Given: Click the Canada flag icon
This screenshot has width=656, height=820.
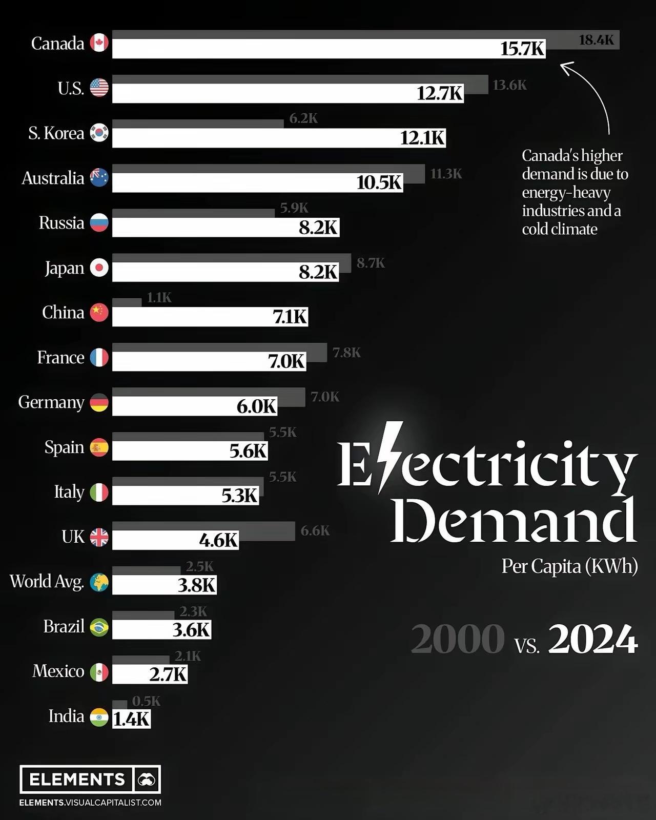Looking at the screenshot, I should (x=99, y=43).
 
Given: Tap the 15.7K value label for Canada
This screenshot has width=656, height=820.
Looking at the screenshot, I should (x=522, y=49).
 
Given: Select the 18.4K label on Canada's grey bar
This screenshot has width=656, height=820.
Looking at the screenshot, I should (x=596, y=40).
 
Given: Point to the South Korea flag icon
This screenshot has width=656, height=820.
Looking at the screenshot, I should (x=99, y=133).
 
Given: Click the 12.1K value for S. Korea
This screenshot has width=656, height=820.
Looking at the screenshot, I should (x=422, y=138).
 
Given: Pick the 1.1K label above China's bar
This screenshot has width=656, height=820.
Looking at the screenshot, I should (x=159, y=298).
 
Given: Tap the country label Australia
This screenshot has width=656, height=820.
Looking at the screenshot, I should (x=53, y=178).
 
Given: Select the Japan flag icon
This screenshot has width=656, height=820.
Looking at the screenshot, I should (x=99, y=268).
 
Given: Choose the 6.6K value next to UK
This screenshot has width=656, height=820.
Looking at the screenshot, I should (x=315, y=530).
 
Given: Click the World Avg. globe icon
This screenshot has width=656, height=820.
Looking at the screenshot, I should (x=99, y=582).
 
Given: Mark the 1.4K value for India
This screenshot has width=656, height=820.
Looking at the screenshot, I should (x=131, y=719).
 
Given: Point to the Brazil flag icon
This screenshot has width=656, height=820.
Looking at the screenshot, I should (x=99, y=627).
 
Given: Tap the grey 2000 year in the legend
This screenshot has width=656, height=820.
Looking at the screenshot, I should (x=457, y=639).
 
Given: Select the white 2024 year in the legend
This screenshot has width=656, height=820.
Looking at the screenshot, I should (x=593, y=639).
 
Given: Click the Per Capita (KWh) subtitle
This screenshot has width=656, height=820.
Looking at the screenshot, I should (x=569, y=566).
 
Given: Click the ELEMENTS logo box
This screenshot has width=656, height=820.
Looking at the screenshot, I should (x=90, y=780).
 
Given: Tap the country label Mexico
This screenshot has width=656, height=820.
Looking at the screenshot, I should (x=58, y=671).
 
